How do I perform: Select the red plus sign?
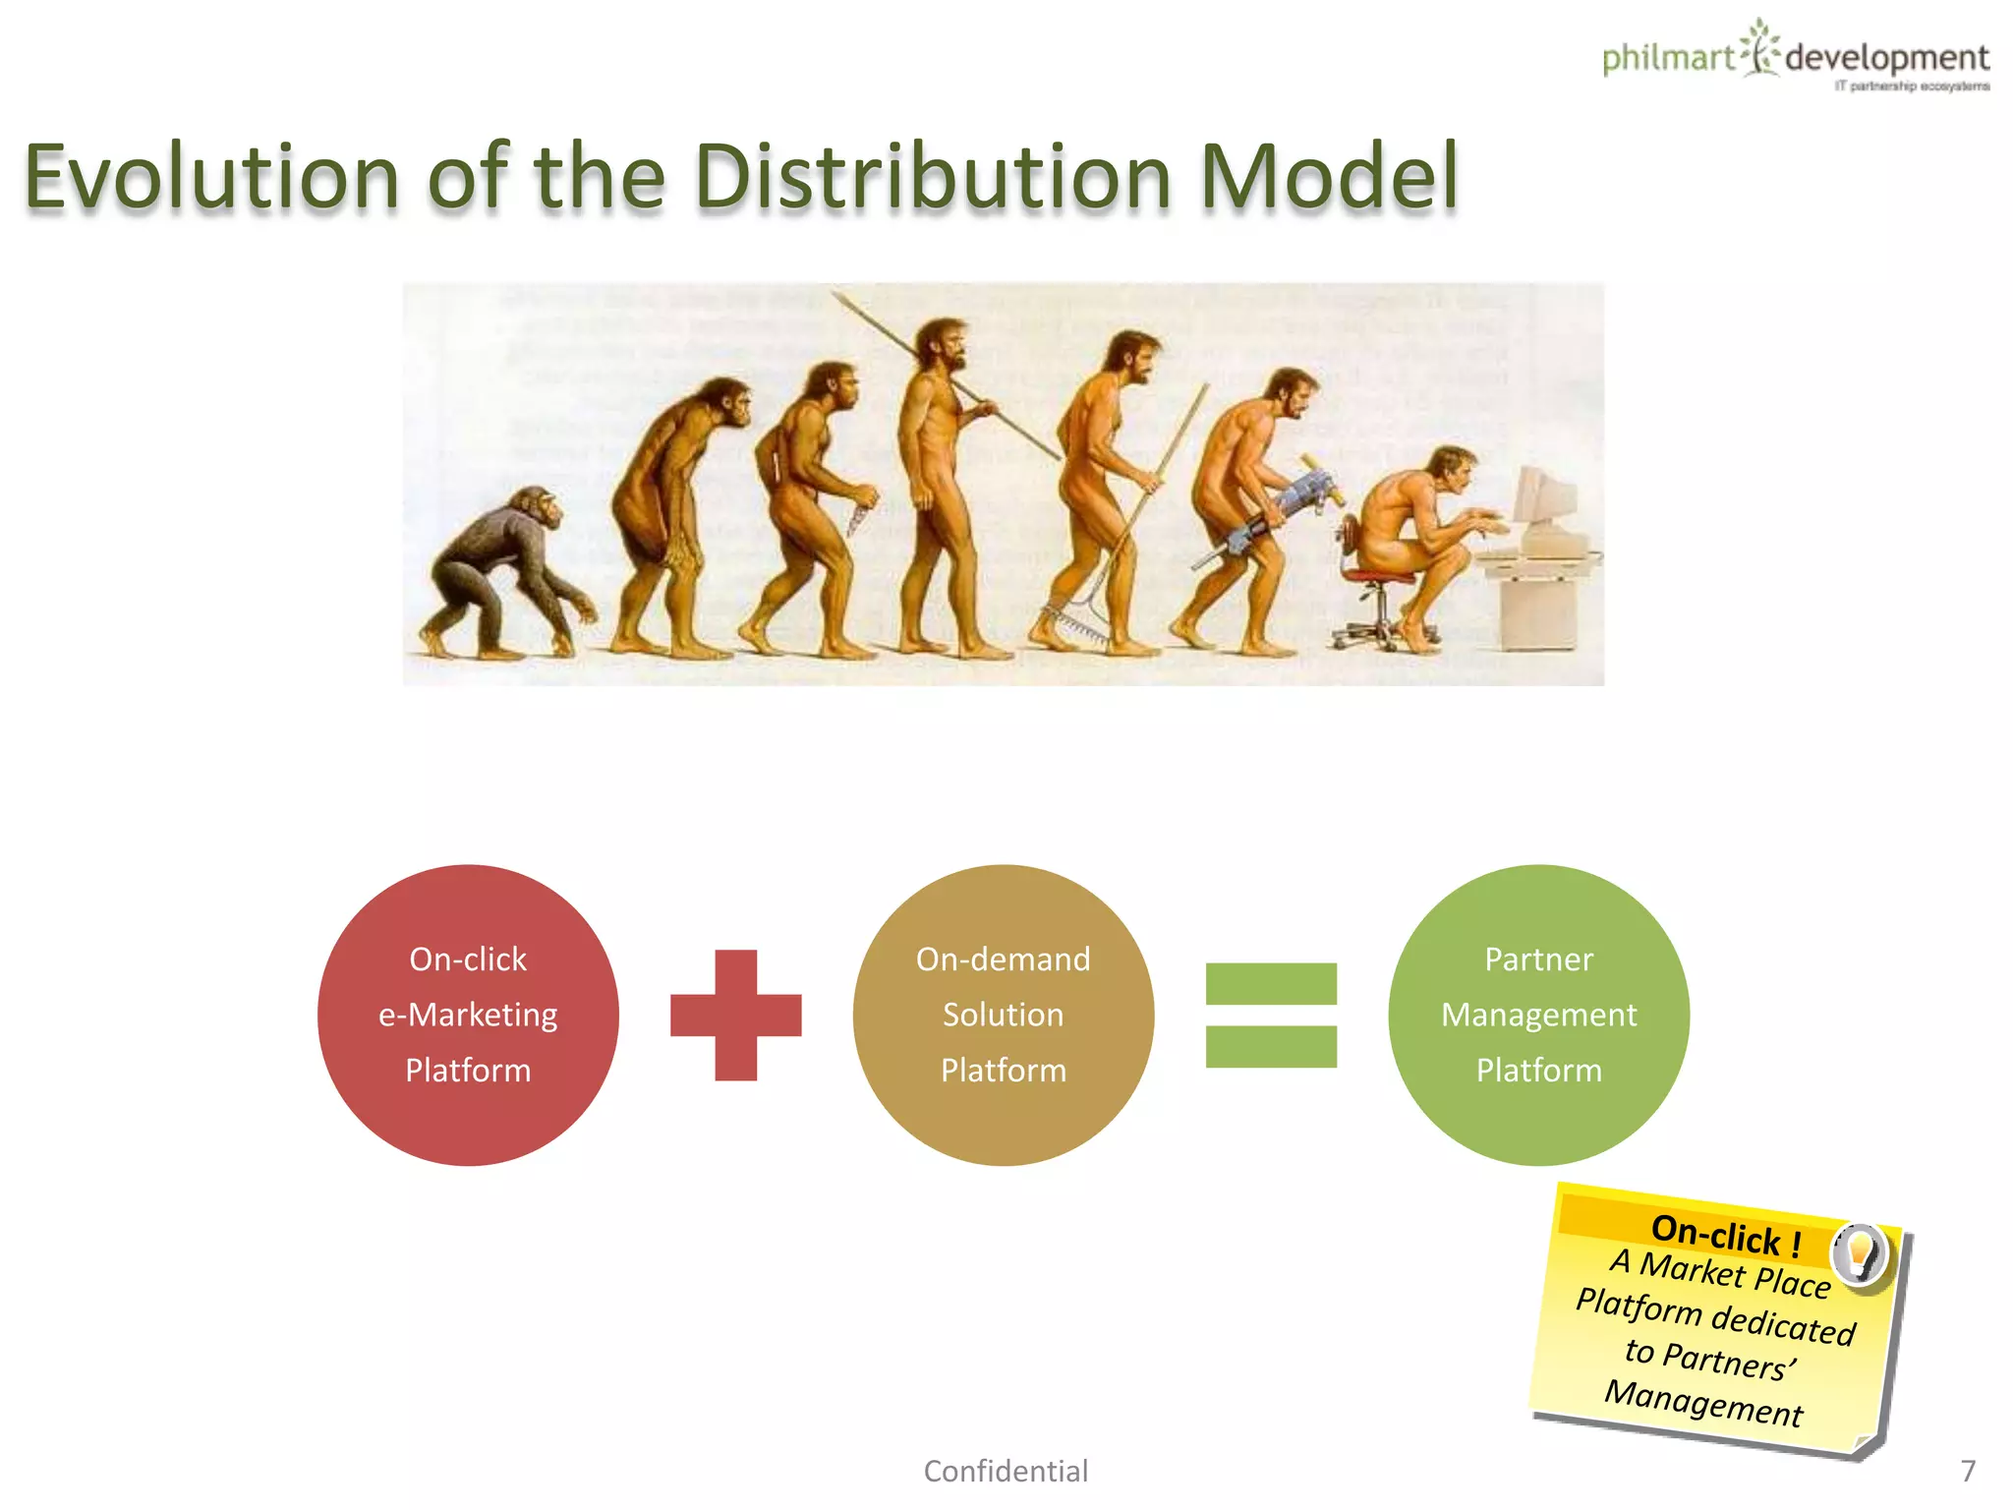point(735,1015)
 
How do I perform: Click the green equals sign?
point(1271,1015)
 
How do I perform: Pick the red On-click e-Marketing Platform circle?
point(468,1015)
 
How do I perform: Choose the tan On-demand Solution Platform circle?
point(1003,1015)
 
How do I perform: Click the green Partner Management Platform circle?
point(1538,1015)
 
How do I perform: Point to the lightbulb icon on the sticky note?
point(1860,1252)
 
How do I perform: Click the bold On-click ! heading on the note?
point(1726,1235)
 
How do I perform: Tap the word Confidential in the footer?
point(1006,1471)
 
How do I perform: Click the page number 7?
point(1968,1471)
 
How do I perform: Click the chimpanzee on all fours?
point(501,570)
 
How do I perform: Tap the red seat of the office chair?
point(1376,576)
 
